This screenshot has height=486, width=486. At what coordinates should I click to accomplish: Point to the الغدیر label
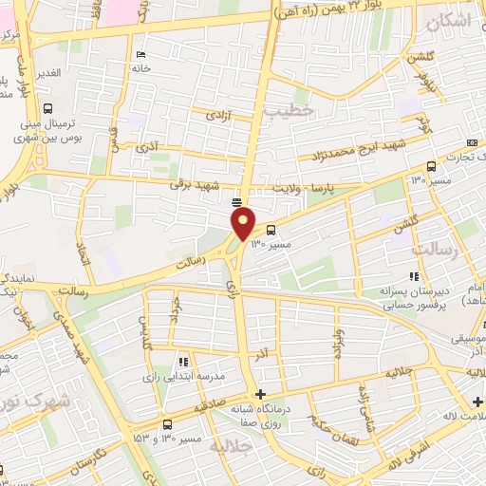[x=47, y=73]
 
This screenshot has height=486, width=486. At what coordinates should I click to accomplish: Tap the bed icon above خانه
[x=140, y=53]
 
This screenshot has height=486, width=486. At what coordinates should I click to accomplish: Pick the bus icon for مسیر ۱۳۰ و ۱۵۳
[x=167, y=424]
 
